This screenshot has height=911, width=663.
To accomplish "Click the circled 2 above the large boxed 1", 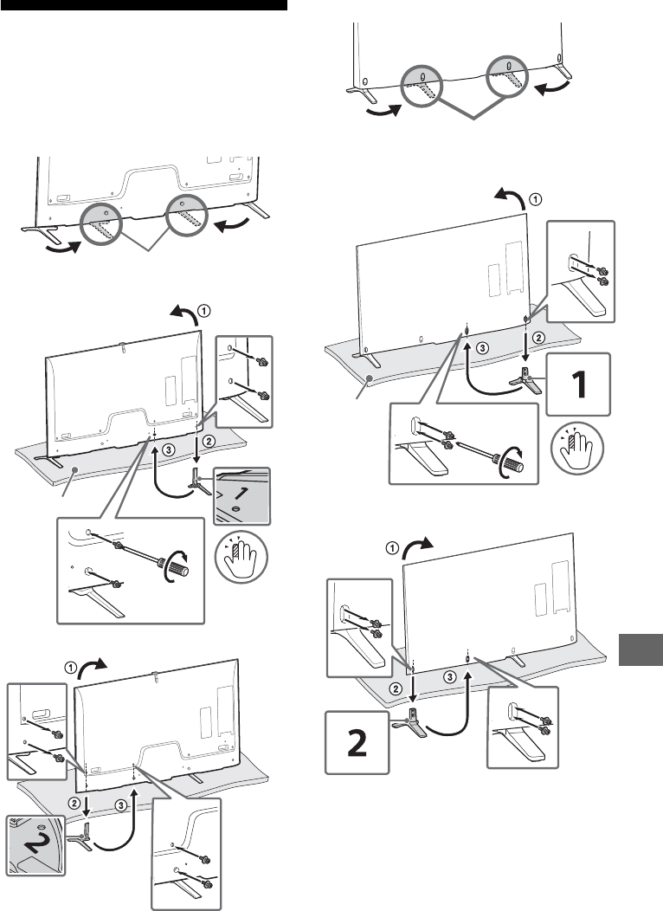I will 538,337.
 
